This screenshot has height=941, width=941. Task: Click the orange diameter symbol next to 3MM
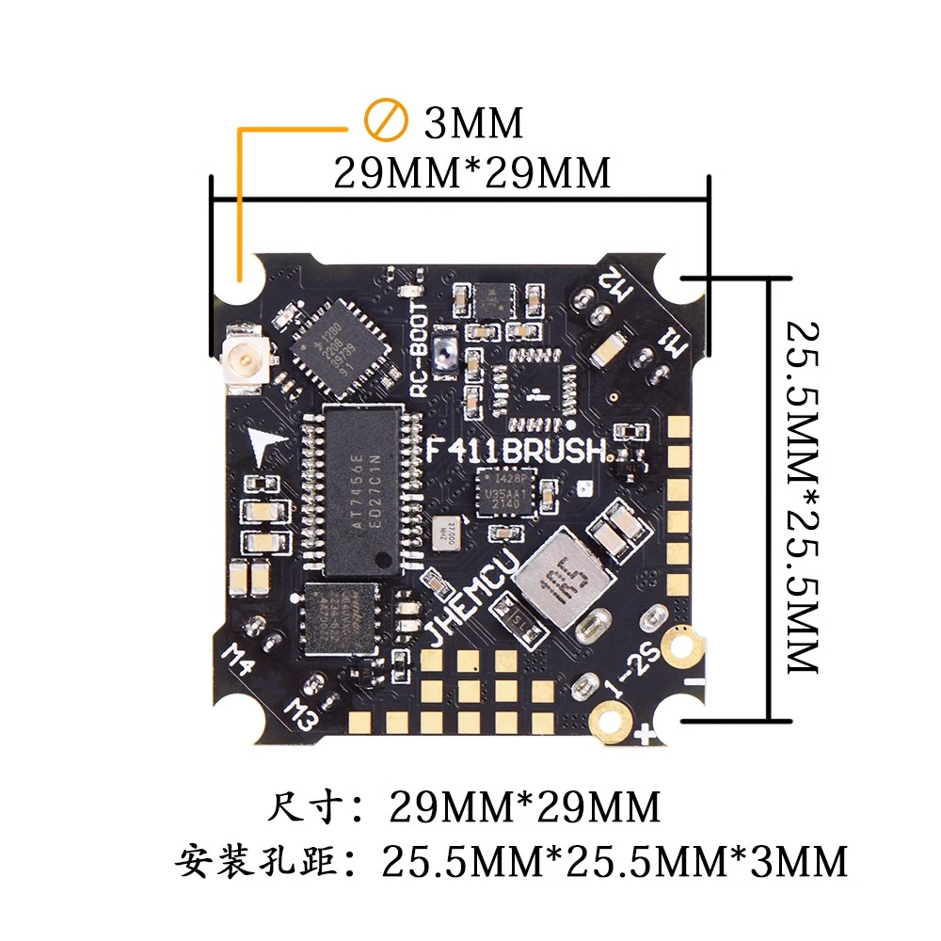(x=385, y=121)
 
